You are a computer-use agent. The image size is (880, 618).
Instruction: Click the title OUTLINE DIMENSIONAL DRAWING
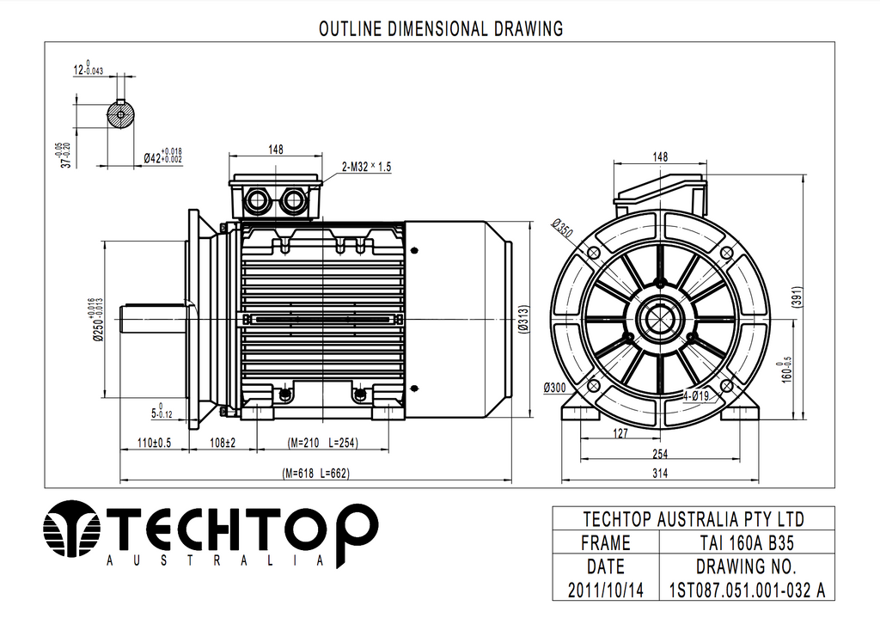(x=441, y=28)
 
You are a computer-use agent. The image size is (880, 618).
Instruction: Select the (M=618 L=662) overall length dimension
(x=316, y=474)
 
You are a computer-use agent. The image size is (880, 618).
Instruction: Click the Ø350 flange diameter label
(x=562, y=228)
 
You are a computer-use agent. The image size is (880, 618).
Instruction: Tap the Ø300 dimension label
(x=558, y=388)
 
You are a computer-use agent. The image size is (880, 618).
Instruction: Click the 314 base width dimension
(x=659, y=474)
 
